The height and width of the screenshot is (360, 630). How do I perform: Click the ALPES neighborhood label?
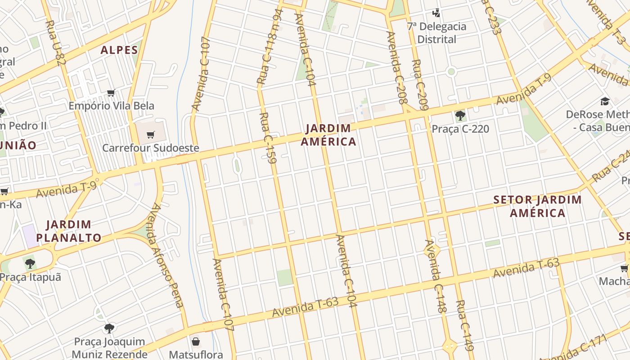(119, 50)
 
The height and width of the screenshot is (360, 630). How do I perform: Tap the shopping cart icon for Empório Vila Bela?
(111, 93)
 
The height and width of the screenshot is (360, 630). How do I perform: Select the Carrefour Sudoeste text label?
(151, 148)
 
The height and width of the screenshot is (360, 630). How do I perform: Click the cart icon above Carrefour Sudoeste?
(151, 135)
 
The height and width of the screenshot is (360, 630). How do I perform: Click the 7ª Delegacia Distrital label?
(436, 33)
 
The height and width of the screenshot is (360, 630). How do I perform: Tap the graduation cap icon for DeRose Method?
(605, 102)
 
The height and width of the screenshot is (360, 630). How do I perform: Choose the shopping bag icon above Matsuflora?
(196, 342)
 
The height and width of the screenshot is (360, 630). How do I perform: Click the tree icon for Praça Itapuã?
(30, 263)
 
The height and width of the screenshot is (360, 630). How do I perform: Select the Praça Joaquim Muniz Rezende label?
(109, 348)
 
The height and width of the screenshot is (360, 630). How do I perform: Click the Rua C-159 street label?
(268, 137)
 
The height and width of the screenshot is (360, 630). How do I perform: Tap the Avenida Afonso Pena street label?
(166, 255)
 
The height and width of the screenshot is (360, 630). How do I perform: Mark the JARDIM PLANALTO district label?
(69, 231)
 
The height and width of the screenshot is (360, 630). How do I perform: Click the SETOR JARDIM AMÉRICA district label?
(538, 206)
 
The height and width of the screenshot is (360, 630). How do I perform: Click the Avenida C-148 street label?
(436, 276)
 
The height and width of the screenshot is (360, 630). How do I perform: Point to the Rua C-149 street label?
(465, 325)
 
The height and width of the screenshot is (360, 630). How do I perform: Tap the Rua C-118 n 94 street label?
(269, 47)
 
